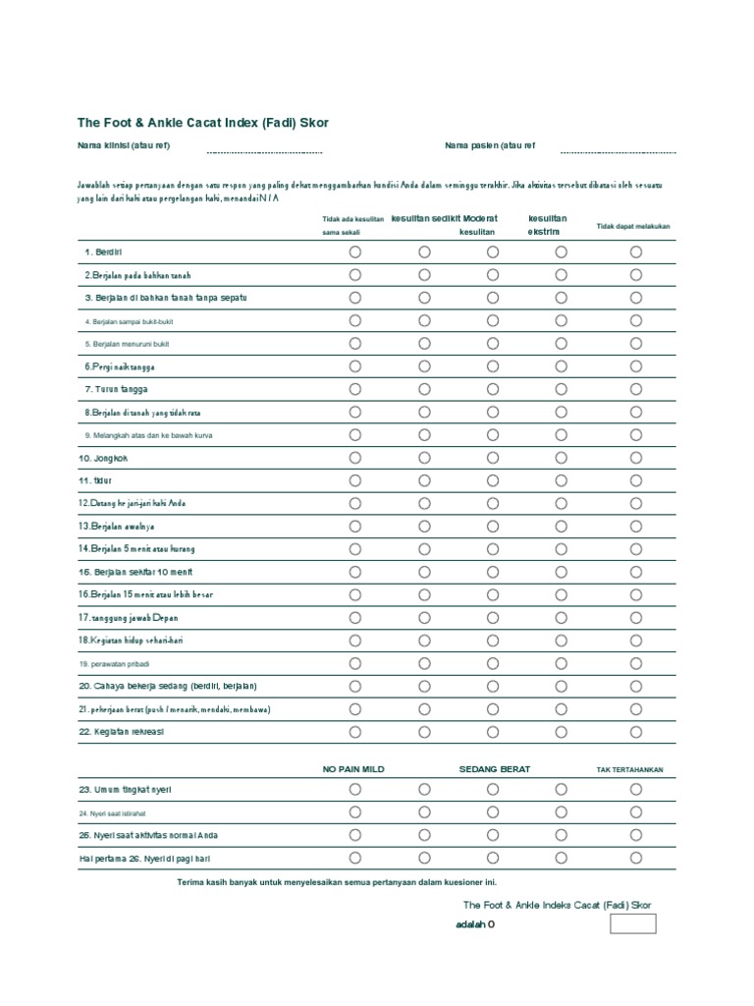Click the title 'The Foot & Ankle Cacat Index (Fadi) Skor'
pyautogui.click(x=203, y=123)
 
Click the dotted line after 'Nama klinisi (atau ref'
pyautogui.click(x=264, y=152)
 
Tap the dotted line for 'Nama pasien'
pyautogui.click(x=618, y=152)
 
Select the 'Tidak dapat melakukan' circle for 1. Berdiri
pyautogui.click(x=636, y=251)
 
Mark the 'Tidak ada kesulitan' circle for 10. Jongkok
pyautogui.click(x=355, y=458)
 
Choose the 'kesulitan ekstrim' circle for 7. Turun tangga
pyautogui.click(x=561, y=389)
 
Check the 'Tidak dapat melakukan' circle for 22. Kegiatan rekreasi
pyautogui.click(x=636, y=732)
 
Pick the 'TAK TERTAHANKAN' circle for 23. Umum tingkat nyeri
pyautogui.click(x=636, y=789)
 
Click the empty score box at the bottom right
pyautogui.click(x=632, y=923)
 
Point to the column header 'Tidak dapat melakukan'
pyautogui.click(x=633, y=226)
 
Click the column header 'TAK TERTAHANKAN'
pyautogui.click(x=629, y=769)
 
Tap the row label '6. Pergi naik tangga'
pyautogui.click(x=119, y=366)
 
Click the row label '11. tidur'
pyautogui.click(x=96, y=480)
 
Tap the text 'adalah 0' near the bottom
pyautogui.click(x=476, y=924)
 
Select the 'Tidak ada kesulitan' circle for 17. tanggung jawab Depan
pyautogui.click(x=355, y=618)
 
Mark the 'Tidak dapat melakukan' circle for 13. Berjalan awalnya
pyautogui.click(x=636, y=527)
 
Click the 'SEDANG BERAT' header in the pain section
pyautogui.click(x=494, y=769)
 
